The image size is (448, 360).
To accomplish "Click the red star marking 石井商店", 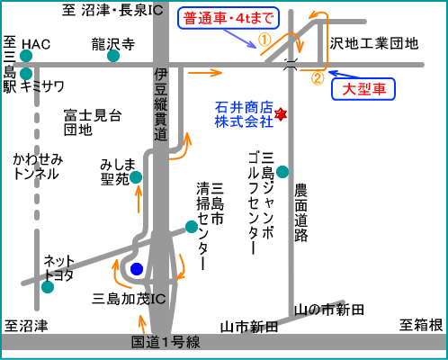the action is (x=281, y=114).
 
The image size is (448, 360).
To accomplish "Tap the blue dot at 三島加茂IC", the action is (x=137, y=269).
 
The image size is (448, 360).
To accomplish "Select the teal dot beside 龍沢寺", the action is (x=113, y=56).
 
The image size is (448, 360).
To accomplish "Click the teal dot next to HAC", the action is (x=26, y=56).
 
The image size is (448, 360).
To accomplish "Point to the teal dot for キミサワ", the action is (x=26, y=74).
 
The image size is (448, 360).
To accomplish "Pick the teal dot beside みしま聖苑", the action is (x=136, y=177).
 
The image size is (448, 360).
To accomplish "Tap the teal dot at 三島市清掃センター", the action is (x=192, y=227).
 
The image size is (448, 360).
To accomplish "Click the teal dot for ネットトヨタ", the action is (x=48, y=287).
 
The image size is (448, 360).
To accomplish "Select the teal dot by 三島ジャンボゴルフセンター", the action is (x=282, y=172).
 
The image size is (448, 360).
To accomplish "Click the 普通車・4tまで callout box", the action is (x=228, y=18).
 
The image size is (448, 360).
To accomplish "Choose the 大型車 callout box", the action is (x=363, y=89).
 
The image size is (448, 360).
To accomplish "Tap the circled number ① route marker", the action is (x=264, y=40).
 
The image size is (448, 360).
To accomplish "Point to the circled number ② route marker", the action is (x=318, y=78).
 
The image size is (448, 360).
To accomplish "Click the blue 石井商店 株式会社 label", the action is (x=244, y=114).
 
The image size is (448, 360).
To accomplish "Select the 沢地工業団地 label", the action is (x=374, y=43).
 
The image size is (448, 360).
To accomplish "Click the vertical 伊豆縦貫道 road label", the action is (x=161, y=104).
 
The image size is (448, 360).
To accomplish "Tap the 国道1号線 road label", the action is (x=166, y=342).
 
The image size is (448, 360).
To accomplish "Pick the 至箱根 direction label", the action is (x=421, y=325).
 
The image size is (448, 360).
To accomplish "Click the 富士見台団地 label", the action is (x=93, y=122).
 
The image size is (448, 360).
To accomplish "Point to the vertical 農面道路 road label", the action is (x=300, y=212).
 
